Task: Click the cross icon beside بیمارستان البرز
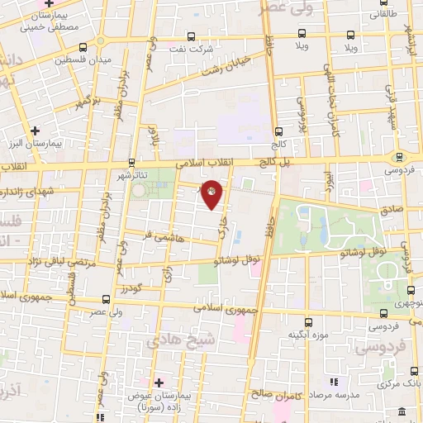[x=35, y=131]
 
